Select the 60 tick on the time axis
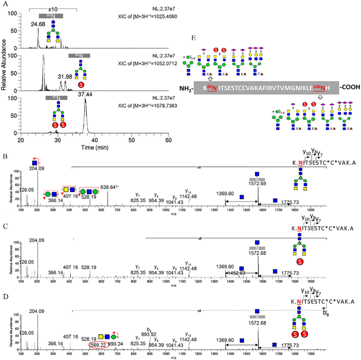(x=169, y=141)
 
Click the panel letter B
(x=4, y=157)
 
